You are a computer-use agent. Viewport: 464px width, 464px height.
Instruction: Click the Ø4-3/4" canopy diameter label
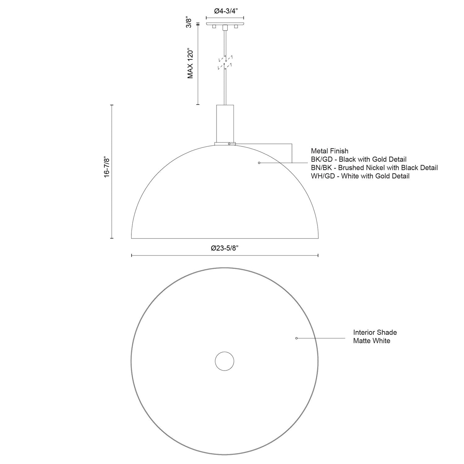point(225,11)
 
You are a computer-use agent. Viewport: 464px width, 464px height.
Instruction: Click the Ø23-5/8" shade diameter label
point(225,248)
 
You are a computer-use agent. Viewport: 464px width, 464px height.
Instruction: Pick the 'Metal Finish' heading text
point(329,151)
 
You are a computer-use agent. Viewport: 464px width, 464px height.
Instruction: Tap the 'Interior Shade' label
point(375,332)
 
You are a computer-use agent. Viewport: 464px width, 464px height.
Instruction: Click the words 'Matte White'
point(372,341)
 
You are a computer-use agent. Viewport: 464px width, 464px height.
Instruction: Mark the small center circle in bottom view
point(225,361)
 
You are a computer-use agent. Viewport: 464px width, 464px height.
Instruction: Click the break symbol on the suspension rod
point(225,62)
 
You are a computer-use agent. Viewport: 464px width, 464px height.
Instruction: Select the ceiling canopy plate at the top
point(225,24)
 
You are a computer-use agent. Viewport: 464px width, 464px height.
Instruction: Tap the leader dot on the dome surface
point(259,163)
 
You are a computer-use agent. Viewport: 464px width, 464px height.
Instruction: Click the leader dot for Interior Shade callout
point(296,338)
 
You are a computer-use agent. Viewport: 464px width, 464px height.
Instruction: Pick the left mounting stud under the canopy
point(214,27)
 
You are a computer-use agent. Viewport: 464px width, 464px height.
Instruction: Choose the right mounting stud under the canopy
point(236,27)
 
